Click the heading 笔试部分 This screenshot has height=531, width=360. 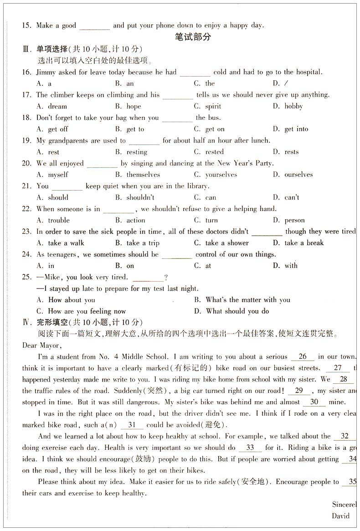click(x=193, y=37)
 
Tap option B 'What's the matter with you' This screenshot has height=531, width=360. click(x=247, y=300)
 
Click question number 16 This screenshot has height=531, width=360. click(x=26, y=72)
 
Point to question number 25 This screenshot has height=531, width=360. click(x=26, y=277)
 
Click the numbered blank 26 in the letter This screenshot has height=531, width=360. click(x=303, y=357)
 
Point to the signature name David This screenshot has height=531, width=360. click(x=341, y=516)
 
